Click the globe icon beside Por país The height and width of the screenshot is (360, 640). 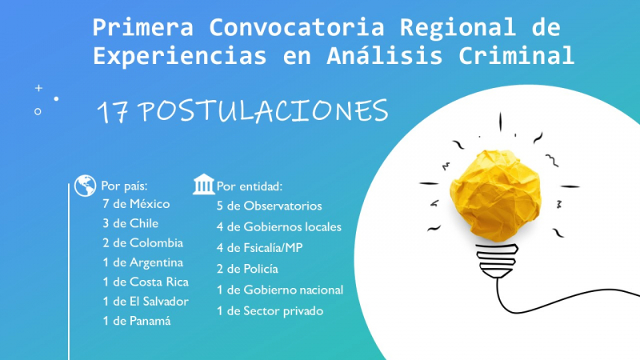pos(86,186)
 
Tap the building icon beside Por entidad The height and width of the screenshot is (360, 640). pos(204,185)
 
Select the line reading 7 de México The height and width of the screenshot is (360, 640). pos(136,204)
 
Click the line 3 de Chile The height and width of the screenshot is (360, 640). pos(130,223)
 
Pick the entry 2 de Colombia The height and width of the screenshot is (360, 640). pos(142,243)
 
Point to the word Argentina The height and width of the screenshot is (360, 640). pos(156,263)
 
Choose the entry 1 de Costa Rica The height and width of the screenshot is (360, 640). pos(146,282)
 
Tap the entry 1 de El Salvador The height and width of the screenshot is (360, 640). pos(146,302)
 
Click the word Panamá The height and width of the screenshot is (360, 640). pos(150,322)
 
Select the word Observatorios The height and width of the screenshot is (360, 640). pos(282,206)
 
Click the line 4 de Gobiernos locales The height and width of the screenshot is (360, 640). pos(278,227)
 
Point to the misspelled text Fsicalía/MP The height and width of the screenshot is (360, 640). pos(273,248)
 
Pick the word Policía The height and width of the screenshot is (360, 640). pos(261,269)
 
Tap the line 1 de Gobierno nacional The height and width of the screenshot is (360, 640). pos(279,290)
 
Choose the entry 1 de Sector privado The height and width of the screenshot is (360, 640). pos(270,311)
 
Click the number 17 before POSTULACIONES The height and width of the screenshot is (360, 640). pos(113,112)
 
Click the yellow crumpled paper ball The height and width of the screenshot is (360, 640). pos(495,195)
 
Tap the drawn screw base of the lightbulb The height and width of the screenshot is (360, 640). pos(497,261)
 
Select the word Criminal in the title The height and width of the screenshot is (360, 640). pos(516,56)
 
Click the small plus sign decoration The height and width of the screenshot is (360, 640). pos(38,88)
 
